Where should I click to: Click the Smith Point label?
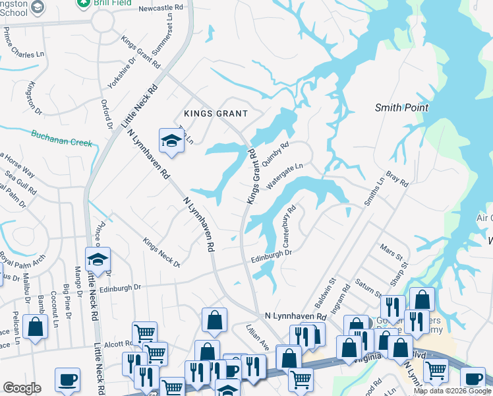pos(401,108)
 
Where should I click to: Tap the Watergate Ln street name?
pos(285,176)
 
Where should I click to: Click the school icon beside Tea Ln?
pos(171,141)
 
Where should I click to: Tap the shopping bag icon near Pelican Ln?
pos(35,326)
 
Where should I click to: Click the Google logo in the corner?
pos(22,388)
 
